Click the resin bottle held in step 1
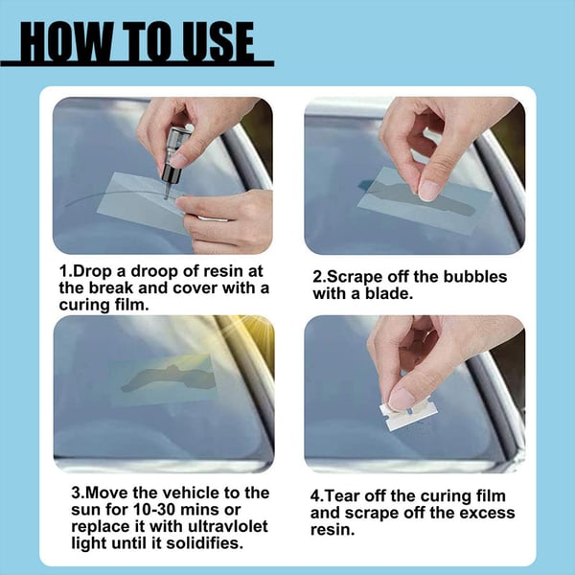point(172,158)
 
